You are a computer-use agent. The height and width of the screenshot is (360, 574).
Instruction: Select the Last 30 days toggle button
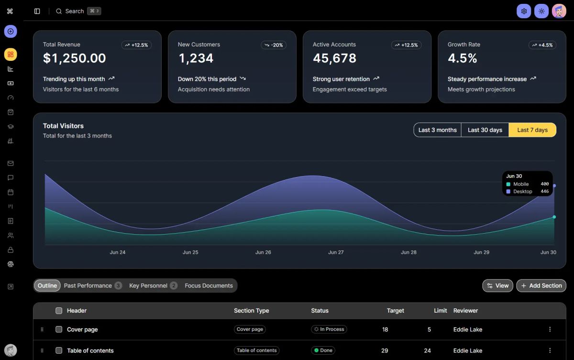[485, 130]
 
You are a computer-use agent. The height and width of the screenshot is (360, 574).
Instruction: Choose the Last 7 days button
[532, 130]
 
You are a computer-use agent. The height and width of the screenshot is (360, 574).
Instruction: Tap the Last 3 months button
[437, 130]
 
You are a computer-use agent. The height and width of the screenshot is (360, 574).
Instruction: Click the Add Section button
[541, 286]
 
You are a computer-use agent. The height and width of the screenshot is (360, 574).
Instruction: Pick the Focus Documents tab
[209, 286]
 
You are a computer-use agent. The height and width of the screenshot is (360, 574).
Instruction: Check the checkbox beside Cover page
[59, 329]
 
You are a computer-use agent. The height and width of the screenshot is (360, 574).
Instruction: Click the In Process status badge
[329, 329]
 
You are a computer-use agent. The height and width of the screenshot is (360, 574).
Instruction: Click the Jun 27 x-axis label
[336, 252]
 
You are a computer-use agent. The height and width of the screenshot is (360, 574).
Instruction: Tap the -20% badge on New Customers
[274, 45]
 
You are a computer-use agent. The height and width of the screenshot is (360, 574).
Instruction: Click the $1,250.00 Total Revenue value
[75, 58]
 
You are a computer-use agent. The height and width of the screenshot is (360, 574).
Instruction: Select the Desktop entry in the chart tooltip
[522, 191]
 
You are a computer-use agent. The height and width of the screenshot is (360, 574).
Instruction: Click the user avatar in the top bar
[559, 11]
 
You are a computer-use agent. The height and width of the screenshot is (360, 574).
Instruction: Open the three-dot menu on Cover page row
[550, 329]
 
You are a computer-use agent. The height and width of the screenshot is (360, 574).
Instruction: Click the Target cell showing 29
[385, 350]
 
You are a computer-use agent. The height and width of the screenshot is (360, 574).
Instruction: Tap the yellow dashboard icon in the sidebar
[11, 55]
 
